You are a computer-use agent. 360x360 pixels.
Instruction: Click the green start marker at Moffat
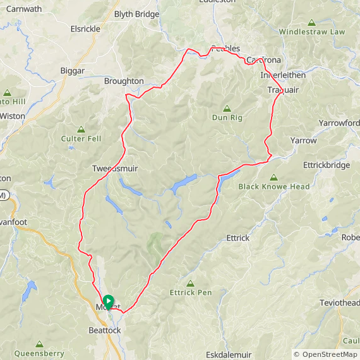click(108, 301)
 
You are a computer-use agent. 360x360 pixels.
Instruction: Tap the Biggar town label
click(72, 71)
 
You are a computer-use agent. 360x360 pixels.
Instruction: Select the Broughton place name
click(124, 81)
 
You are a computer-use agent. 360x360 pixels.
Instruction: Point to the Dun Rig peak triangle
click(227, 108)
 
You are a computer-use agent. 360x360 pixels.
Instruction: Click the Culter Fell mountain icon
click(80, 129)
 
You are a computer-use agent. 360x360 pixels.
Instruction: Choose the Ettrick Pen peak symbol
click(190, 283)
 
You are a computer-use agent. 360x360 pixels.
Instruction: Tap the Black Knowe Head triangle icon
click(273, 177)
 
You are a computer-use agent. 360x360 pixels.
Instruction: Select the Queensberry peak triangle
click(39, 344)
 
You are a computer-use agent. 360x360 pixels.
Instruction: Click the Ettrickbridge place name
click(326, 165)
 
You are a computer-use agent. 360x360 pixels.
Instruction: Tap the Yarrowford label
click(339, 123)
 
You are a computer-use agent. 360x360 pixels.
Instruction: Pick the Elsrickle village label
click(85, 28)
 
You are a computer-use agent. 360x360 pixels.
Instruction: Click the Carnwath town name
click(24, 9)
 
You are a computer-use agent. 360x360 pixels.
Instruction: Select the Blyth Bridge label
click(138, 14)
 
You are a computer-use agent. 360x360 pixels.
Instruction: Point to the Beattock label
click(105, 330)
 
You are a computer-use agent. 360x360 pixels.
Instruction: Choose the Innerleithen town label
click(283, 75)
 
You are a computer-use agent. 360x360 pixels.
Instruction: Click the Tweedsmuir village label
click(114, 169)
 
